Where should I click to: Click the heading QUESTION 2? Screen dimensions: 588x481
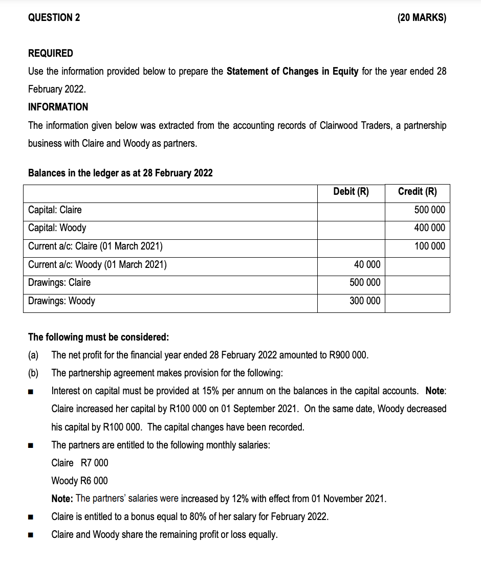[54, 18]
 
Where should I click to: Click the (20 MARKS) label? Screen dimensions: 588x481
[421, 18]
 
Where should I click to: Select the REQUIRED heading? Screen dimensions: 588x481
[50, 53]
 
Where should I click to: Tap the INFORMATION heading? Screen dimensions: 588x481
[58, 107]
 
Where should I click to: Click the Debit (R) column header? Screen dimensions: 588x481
[351, 192]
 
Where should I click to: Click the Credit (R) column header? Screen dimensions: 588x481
[417, 192]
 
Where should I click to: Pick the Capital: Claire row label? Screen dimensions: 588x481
[55, 210]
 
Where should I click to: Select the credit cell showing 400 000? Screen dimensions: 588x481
[429, 228]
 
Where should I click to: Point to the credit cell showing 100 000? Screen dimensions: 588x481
[429, 246]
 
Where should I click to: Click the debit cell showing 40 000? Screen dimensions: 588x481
[367, 264]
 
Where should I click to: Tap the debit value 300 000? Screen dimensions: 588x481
[365, 301]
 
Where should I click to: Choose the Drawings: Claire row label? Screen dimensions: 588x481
[59, 282]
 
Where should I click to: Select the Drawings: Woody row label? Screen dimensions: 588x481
[61, 301]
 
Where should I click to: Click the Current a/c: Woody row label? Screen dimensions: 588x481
[97, 264]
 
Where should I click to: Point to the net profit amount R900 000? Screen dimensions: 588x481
[350, 355]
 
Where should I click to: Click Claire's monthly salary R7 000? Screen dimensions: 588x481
[95, 463]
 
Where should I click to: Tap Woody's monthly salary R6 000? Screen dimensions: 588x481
[95, 481]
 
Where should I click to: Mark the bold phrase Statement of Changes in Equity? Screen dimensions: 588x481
[292, 71]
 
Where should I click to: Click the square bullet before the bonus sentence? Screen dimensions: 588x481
[31, 517]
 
